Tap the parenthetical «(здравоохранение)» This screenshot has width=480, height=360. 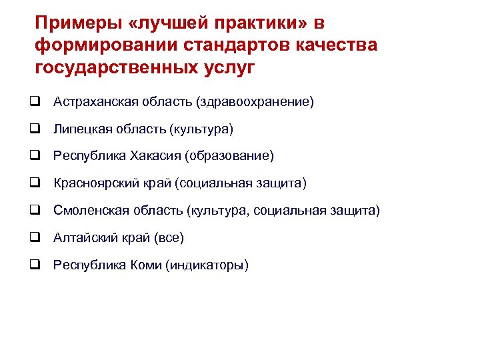255,102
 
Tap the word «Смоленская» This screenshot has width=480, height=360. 87,211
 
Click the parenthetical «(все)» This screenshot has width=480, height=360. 169,237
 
